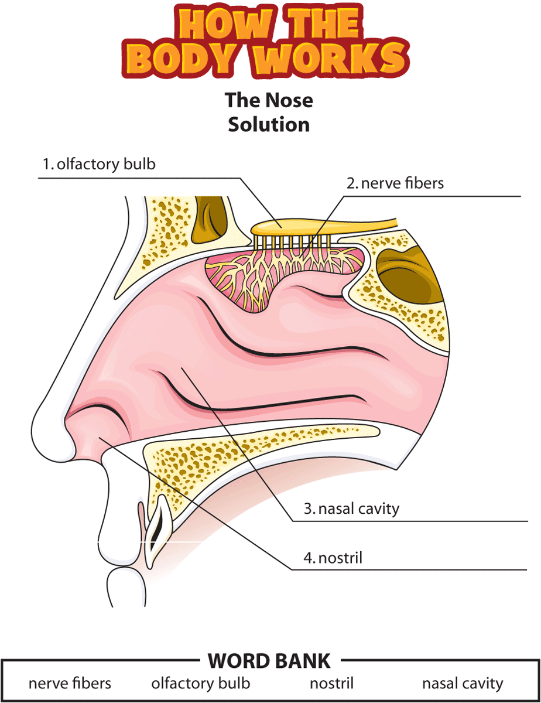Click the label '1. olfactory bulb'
click(x=99, y=164)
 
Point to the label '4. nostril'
click(x=333, y=557)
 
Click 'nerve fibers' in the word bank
click(x=70, y=683)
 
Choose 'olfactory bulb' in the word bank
click(x=201, y=683)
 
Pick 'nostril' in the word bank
click(x=331, y=683)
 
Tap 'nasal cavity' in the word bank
click(x=463, y=683)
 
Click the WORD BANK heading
click(x=269, y=661)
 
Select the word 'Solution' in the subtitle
click(x=269, y=124)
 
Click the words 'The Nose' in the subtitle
click(x=269, y=100)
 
